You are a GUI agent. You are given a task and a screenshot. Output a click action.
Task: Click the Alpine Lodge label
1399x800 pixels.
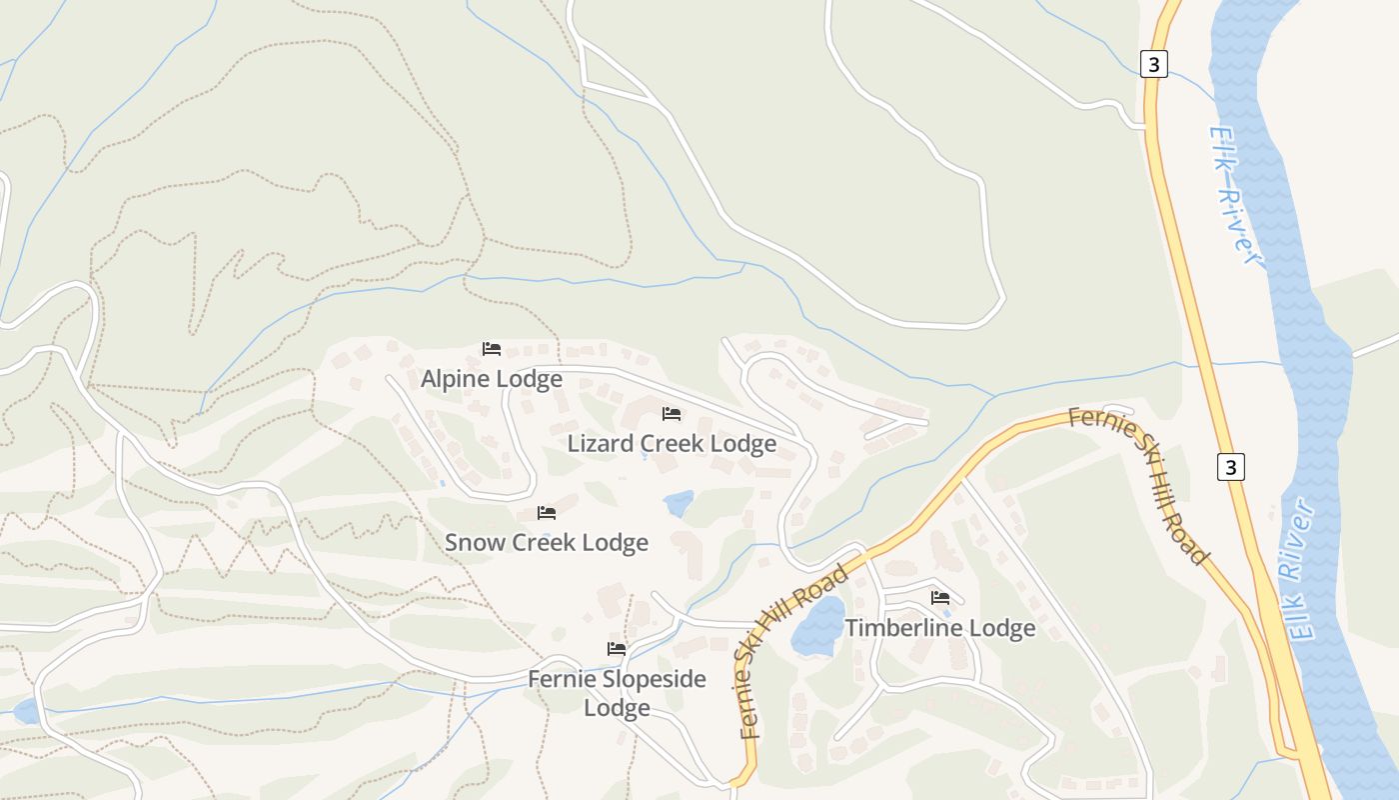point(491,380)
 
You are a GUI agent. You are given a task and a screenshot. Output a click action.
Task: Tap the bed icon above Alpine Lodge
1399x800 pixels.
point(492,349)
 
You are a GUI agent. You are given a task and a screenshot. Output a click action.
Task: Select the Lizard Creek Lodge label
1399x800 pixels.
point(672,443)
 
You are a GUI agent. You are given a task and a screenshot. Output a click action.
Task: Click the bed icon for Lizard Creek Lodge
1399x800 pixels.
point(672,413)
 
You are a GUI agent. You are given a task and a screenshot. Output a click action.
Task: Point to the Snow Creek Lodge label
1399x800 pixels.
point(547,543)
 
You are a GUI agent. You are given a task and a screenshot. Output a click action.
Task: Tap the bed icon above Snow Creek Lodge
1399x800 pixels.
point(547,513)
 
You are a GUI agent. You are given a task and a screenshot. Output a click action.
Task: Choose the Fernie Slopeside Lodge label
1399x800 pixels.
point(617,693)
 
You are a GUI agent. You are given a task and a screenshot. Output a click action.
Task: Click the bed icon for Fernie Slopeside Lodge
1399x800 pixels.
point(617,649)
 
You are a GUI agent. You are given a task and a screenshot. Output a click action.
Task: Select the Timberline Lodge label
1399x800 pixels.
point(940,629)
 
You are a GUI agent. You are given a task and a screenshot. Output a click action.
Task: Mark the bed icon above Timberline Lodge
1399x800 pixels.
point(940,598)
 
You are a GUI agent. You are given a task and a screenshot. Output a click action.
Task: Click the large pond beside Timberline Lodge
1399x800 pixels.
point(818,628)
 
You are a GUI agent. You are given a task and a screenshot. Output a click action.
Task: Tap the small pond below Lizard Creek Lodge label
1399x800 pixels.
point(680,503)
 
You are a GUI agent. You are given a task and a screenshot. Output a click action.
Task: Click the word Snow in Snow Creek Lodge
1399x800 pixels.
point(475,543)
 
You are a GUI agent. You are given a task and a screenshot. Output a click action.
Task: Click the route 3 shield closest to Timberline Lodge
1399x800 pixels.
point(1232,467)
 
